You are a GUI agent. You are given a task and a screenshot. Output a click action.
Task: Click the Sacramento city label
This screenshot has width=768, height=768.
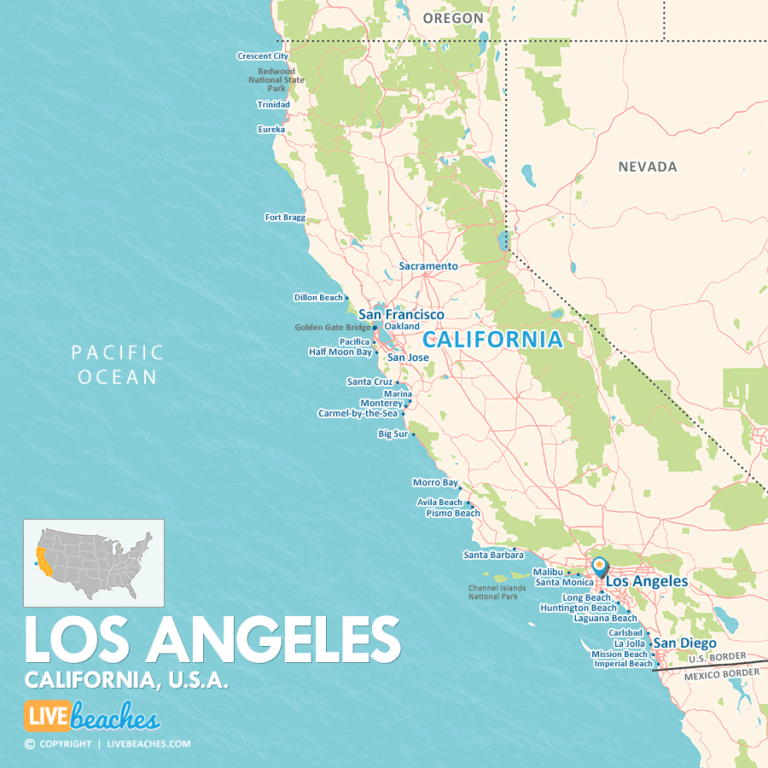click(x=428, y=266)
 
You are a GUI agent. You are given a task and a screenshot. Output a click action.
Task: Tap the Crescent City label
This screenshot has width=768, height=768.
click(x=263, y=56)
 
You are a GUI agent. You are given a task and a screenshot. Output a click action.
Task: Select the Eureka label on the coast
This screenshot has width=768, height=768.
click(x=271, y=130)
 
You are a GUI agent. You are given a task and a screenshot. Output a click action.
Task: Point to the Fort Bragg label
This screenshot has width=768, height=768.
click(x=285, y=218)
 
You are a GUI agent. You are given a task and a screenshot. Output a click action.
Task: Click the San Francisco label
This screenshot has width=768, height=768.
click(x=401, y=315)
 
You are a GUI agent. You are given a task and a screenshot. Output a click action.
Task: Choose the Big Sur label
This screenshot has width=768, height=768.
click(x=393, y=434)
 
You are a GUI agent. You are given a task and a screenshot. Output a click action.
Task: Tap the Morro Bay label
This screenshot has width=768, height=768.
click(x=435, y=483)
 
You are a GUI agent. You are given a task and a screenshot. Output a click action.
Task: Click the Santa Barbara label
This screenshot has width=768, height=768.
click(x=493, y=555)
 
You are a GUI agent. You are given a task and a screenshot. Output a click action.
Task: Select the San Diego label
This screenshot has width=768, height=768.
click(x=685, y=643)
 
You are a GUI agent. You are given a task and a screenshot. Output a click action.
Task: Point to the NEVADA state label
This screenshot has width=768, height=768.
click(x=648, y=167)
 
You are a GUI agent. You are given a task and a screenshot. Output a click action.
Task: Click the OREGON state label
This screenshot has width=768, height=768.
click(x=453, y=18)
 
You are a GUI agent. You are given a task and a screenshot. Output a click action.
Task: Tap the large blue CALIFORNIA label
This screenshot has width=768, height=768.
click(x=493, y=340)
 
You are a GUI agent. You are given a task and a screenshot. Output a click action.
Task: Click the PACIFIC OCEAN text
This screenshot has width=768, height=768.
click(x=118, y=364)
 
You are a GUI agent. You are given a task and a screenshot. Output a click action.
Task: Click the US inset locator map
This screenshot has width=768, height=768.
click(x=94, y=563)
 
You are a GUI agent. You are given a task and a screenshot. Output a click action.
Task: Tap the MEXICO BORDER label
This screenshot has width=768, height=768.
click(x=721, y=673)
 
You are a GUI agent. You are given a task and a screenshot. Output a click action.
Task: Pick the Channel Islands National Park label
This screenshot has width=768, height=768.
click(x=492, y=591)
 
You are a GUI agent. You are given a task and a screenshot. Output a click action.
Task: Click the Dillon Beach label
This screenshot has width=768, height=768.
click(x=318, y=298)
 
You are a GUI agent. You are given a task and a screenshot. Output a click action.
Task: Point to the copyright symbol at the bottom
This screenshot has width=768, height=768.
click(x=30, y=744)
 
